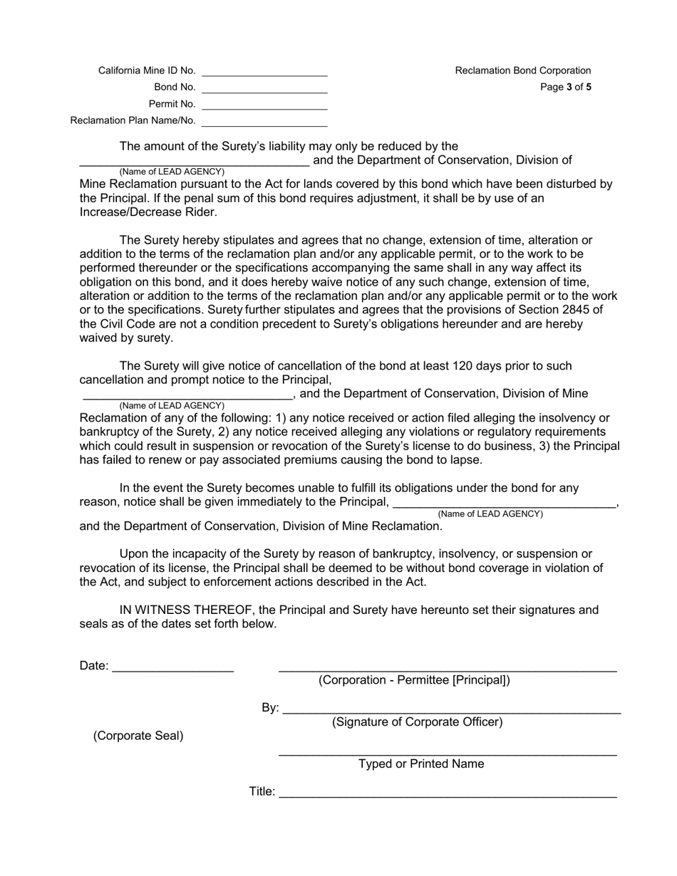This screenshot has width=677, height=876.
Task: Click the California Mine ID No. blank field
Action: (264, 71)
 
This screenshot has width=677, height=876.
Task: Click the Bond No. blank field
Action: (264, 88)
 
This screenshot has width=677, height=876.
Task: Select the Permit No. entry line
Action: (264, 105)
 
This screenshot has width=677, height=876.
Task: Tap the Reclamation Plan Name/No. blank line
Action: (264, 122)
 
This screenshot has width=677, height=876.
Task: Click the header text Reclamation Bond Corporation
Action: (522, 71)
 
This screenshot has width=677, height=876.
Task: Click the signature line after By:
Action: (451, 709)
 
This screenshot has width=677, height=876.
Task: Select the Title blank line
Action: (447, 793)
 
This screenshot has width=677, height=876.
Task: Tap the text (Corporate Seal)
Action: (138, 736)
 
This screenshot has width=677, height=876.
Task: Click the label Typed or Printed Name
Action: (420, 764)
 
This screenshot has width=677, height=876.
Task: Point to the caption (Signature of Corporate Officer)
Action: (417, 722)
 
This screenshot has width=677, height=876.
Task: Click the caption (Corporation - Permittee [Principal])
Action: (414, 680)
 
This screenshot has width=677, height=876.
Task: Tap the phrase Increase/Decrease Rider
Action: (148, 212)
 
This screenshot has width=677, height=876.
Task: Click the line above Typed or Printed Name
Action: (447, 753)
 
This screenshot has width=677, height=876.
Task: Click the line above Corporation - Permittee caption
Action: (447, 669)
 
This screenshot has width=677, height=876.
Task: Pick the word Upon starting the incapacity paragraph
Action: (135, 554)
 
